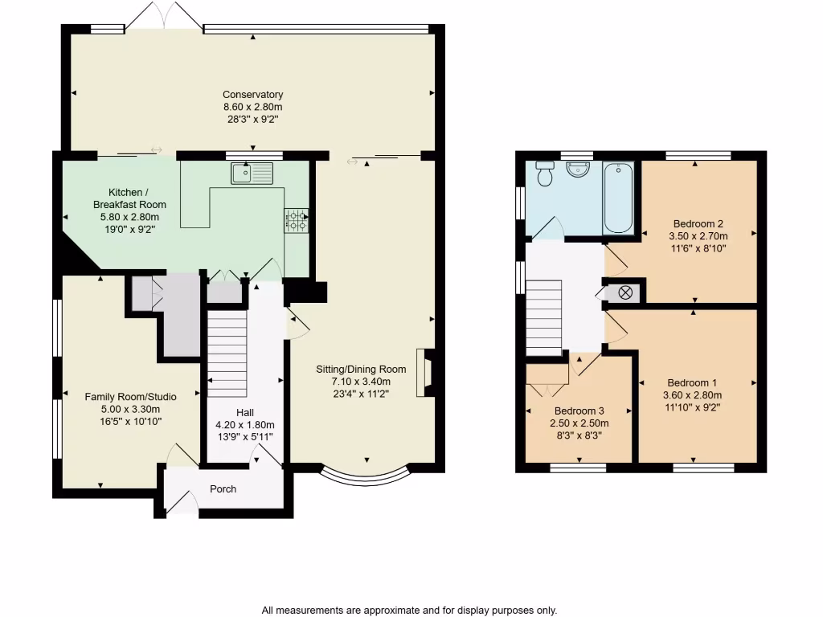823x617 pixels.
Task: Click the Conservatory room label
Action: [x=252, y=95]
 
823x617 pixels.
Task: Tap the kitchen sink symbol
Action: [x=252, y=172]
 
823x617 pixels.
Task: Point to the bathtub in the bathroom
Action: [x=618, y=198]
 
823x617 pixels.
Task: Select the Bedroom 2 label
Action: [x=698, y=224]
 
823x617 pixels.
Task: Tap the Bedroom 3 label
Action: [x=579, y=411]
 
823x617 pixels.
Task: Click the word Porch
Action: [x=223, y=488]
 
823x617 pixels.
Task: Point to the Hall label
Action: [x=245, y=412]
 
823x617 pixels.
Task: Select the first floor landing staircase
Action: [x=544, y=317]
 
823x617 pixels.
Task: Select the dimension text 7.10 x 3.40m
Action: [x=361, y=382]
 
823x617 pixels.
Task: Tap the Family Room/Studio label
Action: [x=130, y=396]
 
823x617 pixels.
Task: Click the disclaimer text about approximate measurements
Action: [x=409, y=610]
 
